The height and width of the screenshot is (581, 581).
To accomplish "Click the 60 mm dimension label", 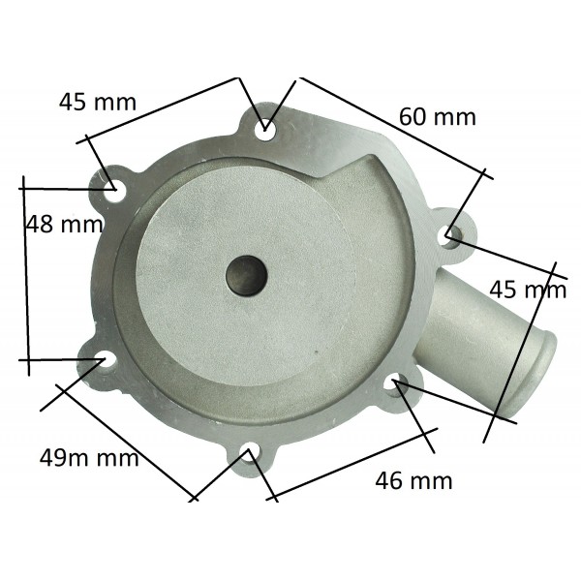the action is pyautogui.click(x=438, y=116).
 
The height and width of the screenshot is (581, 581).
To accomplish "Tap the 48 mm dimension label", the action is pyautogui.click(x=65, y=225).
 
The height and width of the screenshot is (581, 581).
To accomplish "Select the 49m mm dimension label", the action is pyautogui.click(x=89, y=457).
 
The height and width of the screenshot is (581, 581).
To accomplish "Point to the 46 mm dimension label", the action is pyautogui.click(x=413, y=480).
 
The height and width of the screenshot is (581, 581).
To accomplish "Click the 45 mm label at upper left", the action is pyautogui.click(x=98, y=102).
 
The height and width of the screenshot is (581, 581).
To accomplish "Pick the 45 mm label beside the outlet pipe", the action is pyautogui.click(x=528, y=290).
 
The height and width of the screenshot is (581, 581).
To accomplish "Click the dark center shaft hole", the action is pyautogui.click(x=246, y=276).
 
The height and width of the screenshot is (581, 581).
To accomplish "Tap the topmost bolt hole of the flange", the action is pyautogui.click(x=265, y=130).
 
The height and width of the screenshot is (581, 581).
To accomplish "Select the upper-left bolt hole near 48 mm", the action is pyautogui.click(x=114, y=190).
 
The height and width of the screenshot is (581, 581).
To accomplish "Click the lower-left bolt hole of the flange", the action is pyautogui.click(x=106, y=359).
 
